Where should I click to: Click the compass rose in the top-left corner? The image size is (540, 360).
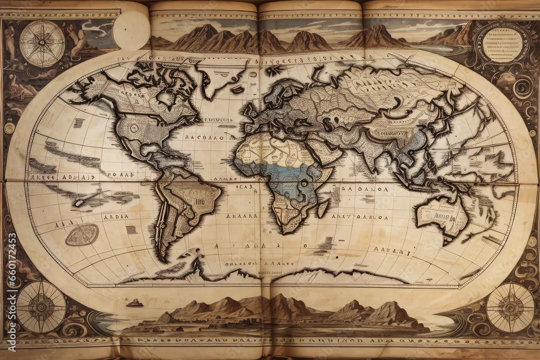42,43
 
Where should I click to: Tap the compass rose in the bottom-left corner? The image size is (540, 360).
41,307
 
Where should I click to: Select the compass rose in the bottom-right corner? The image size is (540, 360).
510,307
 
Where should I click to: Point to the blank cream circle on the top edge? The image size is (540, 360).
131,30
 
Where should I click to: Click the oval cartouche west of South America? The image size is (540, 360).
82,235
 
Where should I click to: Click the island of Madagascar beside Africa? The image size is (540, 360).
323,208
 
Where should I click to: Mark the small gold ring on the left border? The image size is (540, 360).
9,128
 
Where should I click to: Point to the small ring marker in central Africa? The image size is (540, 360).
304,184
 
